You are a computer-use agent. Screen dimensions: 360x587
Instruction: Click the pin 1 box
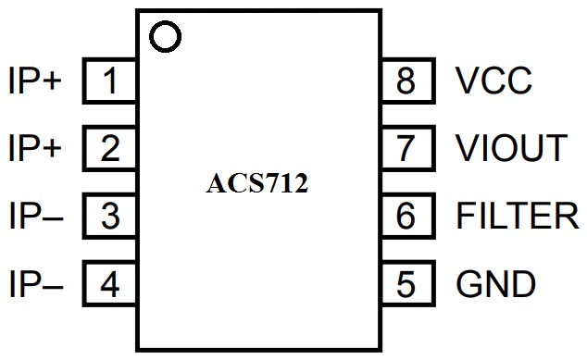[x=110, y=82]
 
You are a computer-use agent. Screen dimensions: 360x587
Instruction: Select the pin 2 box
[x=110, y=149]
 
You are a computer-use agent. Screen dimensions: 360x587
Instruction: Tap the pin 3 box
[x=110, y=217]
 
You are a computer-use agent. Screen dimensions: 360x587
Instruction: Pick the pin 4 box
[x=110, y=283]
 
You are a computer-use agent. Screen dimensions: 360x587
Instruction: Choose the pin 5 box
[x=406, y=283]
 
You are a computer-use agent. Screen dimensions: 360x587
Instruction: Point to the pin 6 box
[x=406, y=217]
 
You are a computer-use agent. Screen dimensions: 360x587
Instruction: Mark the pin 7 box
[x=406, y=149]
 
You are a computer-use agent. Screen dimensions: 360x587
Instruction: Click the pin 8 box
[x=406, y=82]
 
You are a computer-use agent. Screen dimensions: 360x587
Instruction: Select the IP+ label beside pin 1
[x=34, y=82]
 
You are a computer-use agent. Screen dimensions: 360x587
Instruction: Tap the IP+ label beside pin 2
[x=34, y=149]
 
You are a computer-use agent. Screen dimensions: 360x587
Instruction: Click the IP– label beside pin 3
[x=34, y=217]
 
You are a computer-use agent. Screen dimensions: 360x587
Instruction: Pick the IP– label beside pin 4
[x=34, y=283]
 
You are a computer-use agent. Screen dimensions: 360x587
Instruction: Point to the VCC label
[x=494, y=82]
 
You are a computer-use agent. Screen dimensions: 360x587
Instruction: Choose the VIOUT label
[x=511, y=149]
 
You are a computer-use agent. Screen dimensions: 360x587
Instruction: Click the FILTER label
[x=518, y=217]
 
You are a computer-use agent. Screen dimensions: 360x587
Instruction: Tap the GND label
[x=496, y=283]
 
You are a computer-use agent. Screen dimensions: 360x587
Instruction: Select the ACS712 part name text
[x=256, y=184]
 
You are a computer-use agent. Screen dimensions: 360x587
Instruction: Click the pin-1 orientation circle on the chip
[x=166, y=37]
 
